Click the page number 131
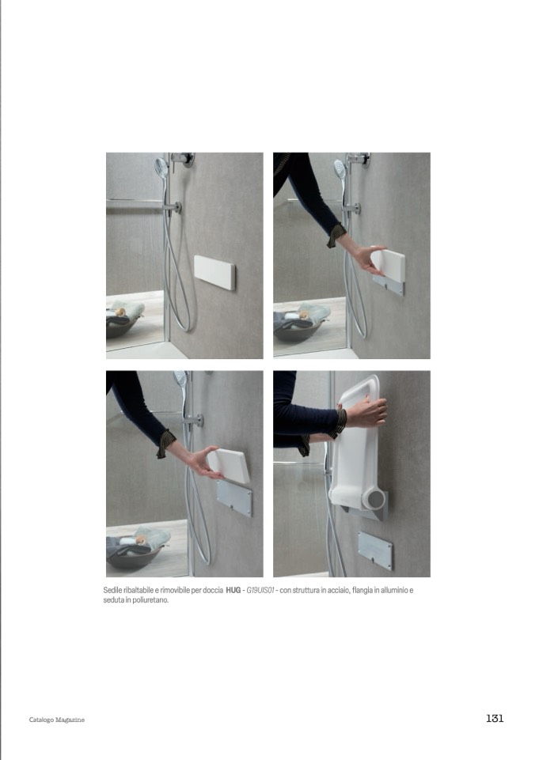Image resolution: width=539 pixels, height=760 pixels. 495,718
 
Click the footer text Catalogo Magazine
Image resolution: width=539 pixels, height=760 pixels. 57,720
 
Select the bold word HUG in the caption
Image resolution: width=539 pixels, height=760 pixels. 233,590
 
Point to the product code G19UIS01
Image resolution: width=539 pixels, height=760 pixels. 260,590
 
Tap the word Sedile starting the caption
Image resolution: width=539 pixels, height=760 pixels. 112,590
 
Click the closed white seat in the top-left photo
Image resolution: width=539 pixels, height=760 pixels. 214,272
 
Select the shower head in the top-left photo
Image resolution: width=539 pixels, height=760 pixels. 161,168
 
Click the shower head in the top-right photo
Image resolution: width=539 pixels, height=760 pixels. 340,168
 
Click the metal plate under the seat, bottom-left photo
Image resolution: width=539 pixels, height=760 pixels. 235,497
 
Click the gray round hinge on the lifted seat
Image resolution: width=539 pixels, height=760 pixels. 375,498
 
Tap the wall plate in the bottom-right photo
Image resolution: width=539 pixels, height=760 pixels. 375,551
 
